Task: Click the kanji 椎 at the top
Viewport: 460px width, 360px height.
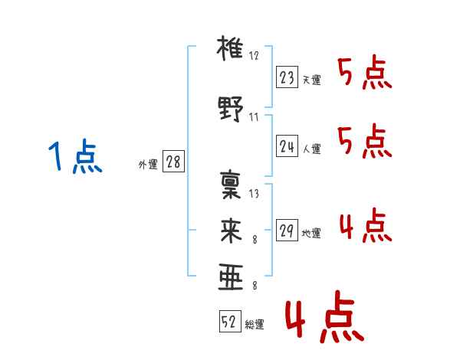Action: point(230,48)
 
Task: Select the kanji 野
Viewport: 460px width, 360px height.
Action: point(231,109)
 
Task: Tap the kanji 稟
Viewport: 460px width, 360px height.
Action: point(231,185)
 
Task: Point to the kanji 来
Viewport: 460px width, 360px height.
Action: point(231,231)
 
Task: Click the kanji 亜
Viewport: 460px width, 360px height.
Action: point(231,277)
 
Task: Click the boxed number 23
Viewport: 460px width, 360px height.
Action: point(287,77)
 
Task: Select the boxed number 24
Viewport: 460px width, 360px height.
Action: point(287,146)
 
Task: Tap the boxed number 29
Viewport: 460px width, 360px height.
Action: point(287,230)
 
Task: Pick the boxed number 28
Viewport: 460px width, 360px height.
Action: point(173,162)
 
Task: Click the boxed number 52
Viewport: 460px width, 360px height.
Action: point(230,321)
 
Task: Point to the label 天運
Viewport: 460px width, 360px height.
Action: point(311,80)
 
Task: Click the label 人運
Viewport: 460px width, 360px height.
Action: point(311,149)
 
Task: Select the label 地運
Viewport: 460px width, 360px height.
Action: point(311,233)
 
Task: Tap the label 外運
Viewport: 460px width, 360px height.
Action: point(148,165)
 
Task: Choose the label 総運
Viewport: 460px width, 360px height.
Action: point(255,325)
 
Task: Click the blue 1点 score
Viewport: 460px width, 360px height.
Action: point(75,156)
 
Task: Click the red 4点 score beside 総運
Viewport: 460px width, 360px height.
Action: point(324,316)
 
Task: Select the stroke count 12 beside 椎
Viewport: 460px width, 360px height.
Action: point(254,56)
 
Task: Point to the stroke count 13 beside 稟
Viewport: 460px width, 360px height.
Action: point(254,194)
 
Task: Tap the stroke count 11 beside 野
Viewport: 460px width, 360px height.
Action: point(254,117)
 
